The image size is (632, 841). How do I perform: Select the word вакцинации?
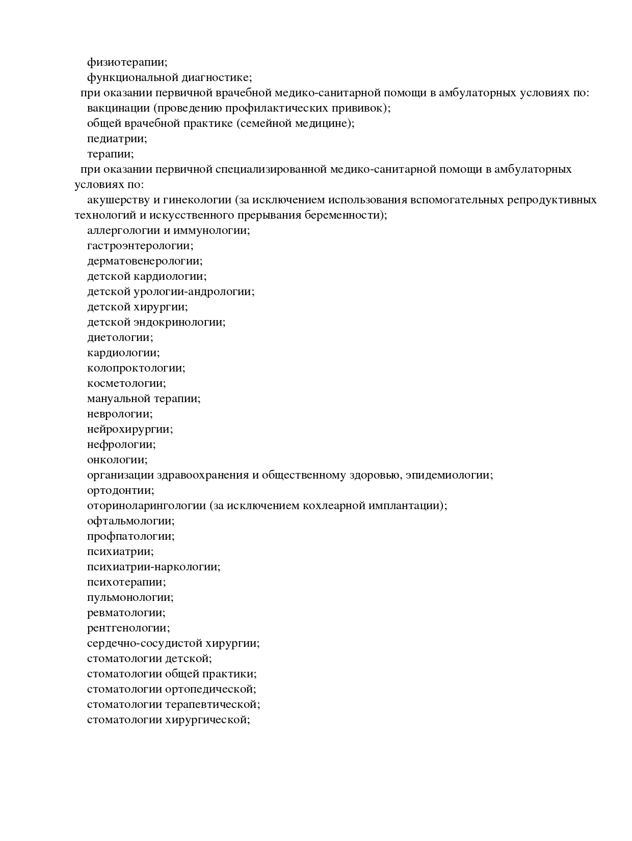pyautogui.click(x=119, y=108)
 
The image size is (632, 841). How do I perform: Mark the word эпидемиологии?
pyautogui.click(x=450, y=475)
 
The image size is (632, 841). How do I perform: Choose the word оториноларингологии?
pyautogui.click(x=146, y=506)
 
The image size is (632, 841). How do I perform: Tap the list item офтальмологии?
pyautogui.click(x=130, y=521)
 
